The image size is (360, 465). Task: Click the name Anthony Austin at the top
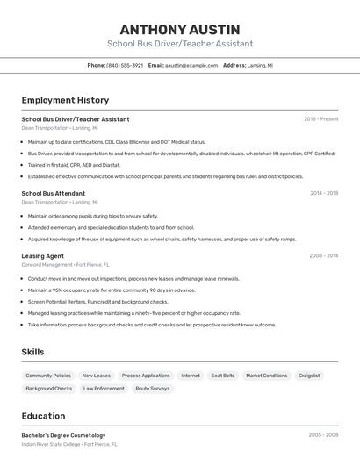click(x=180, y=30)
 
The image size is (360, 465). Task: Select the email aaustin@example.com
click(x=191, y=65)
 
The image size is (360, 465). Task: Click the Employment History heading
click(x=65, y=100)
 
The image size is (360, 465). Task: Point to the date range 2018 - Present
click(x=320, y=119)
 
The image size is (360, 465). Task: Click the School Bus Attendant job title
click(x=54, y=193)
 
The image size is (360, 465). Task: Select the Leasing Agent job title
click(x=43, y=256)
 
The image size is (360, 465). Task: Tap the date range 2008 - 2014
click(x=323, y=256)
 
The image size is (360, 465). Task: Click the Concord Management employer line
click(x=66, y=264)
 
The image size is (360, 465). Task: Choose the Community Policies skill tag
click(x=48, y=376)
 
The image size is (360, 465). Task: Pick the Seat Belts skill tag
click(x=223, y=376)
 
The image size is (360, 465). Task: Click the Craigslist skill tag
click(x=309, y=376)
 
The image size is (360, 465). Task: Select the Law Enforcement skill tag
click(x=104, y=389)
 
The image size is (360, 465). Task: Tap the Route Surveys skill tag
click(x=153, y=389)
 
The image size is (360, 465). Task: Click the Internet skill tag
click(x=191, y=376)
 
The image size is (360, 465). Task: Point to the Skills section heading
click(x=32, y=352)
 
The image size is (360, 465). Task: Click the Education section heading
click(x=44, y=417)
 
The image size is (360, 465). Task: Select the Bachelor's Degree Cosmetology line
click(x=63, y=435)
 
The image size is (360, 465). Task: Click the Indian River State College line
click(x=69, y=444)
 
